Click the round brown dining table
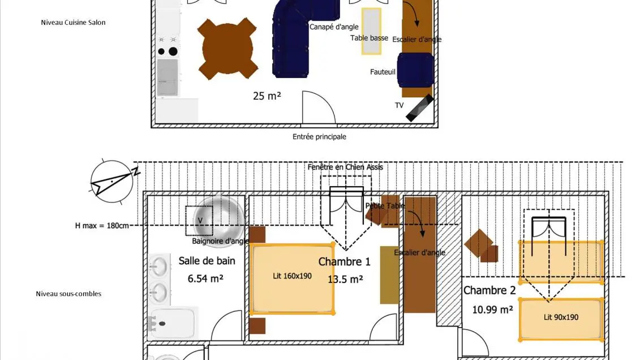pos(228,48)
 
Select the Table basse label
pos(369,38)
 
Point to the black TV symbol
pos(419,108)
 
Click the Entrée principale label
pos(319,137)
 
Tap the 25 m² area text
pos(267,96)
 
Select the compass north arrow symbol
pos(114,178)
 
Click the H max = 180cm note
pos(102,225)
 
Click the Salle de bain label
pos(207,261)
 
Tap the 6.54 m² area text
pos(205,278)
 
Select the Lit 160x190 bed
pos(292,278)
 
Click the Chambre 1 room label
pos(344,262)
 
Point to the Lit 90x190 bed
pos(561,319)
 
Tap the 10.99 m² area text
pos(492,309)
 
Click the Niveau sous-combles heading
pos(68,294)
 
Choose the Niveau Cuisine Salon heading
pos(73,23)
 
